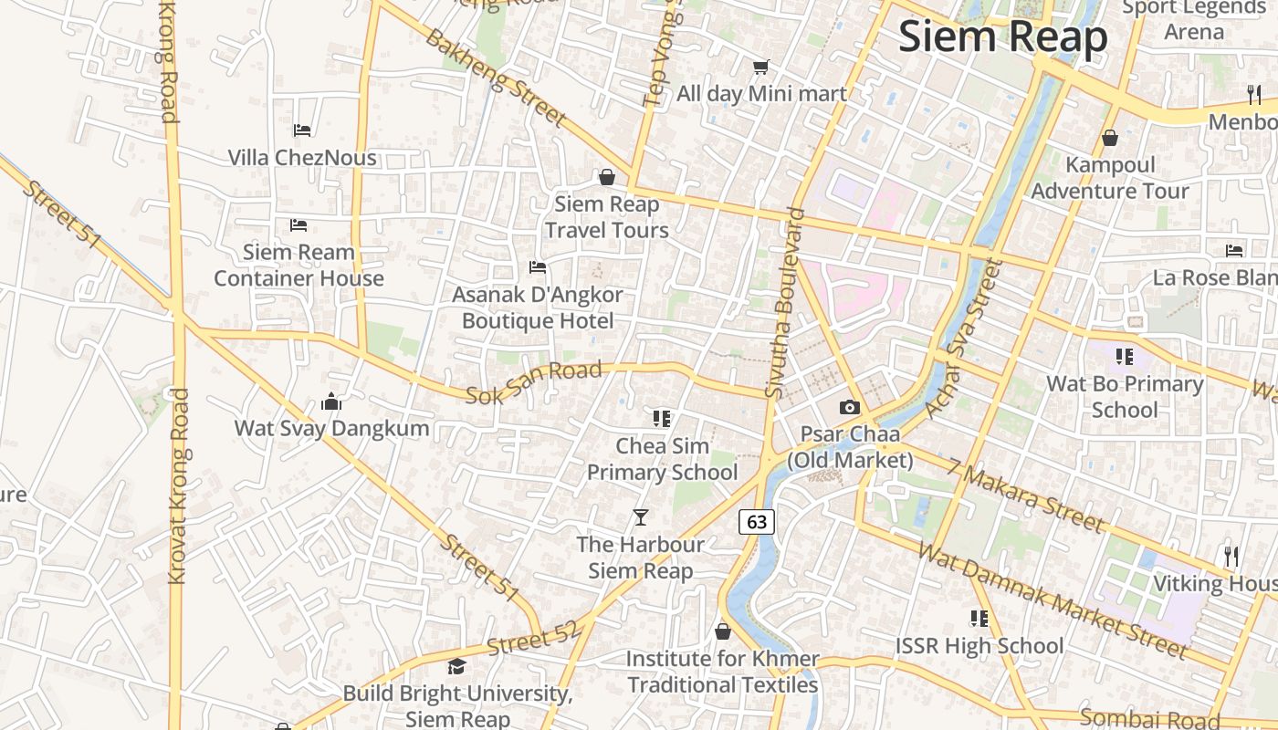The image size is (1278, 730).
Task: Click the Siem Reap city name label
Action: (x=1002, y=36)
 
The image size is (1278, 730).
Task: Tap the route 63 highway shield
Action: (x=757, y=521)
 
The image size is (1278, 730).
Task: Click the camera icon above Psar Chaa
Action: (x=850, y=407)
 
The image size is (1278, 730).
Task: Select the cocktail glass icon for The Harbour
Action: (x=641, y=517)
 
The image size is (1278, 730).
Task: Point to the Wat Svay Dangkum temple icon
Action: (x=331, y=401)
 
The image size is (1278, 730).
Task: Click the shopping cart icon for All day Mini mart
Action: (x=760, y=67)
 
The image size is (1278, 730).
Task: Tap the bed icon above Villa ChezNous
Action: (x=302, y=130)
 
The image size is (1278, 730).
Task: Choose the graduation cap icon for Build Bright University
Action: (x=456, y=667)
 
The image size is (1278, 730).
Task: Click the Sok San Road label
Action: (x=534, y=382)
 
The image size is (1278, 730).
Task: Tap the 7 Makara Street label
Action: (x=1024, y=495)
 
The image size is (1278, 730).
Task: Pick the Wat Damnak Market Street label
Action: (x=1053, y=600)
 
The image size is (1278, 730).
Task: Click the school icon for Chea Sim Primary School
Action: (x=662, y=419)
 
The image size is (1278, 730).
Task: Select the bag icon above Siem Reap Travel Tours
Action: (x=607, y=177)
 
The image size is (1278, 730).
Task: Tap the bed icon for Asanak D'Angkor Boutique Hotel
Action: (x=538, y=267)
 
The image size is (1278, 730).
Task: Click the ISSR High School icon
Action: (x=979, y=619)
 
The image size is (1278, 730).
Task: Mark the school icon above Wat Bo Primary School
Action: (x=1124, y=356)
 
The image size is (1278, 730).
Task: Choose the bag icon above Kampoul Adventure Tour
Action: (x=1110, y=138)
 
